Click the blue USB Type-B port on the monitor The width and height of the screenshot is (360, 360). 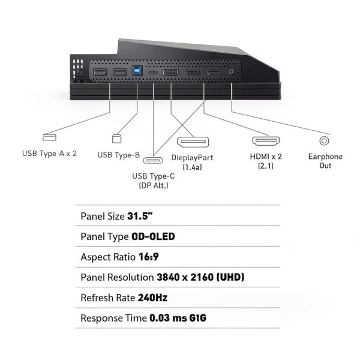137,71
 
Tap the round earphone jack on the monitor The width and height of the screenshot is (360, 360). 232,72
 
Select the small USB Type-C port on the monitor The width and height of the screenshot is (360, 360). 154,72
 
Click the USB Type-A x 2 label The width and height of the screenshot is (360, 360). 50,153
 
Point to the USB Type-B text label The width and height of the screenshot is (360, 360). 119,155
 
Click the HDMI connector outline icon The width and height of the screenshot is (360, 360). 265,142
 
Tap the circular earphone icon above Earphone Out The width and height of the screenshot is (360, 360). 325,141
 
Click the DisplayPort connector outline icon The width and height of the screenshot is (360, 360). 193,143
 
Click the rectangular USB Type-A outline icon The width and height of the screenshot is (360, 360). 50,137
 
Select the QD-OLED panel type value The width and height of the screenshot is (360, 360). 152,236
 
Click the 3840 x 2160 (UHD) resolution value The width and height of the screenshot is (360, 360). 200,277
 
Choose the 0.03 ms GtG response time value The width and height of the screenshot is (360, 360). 178,317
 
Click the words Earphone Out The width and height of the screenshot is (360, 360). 325,161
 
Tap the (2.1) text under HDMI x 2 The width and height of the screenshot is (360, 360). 265,166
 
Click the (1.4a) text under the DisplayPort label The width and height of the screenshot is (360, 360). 192,167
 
